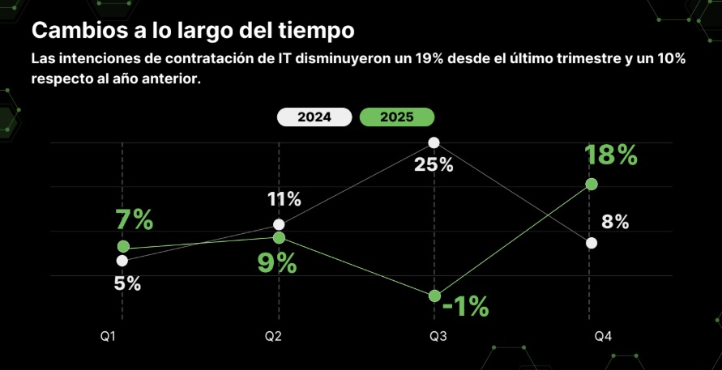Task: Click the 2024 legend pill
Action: click(x=314, y=117)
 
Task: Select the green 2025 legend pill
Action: click(x=396, y=117)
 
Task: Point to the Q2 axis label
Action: click(x=272, y=336)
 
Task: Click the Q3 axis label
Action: click(x=438, y=336)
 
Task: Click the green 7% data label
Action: click(x=134, y=219)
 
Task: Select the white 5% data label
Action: click(x=128, y=284)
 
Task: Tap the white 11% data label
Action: click(x=284, y=199)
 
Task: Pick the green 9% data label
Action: click(x=277, y=263)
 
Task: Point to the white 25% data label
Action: click(x=434, y=165)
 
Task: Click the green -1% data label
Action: click(x=466, y=306)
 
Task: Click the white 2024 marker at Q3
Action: click(x=434, y=142)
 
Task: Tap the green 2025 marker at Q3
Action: click(x=434, y=296)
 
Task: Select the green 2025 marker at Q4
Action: click(x=592, y=184)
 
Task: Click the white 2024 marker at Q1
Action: click(x=122, y=261)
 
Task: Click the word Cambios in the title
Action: click(x=72, y=31)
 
